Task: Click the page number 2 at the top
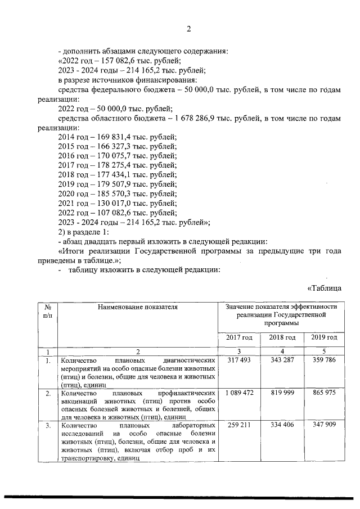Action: click(190, 29)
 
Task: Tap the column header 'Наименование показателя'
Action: click(137, 307)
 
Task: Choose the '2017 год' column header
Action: click(239, 337)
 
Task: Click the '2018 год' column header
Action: click(282, 337)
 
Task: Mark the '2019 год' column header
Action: click(323, 337)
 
